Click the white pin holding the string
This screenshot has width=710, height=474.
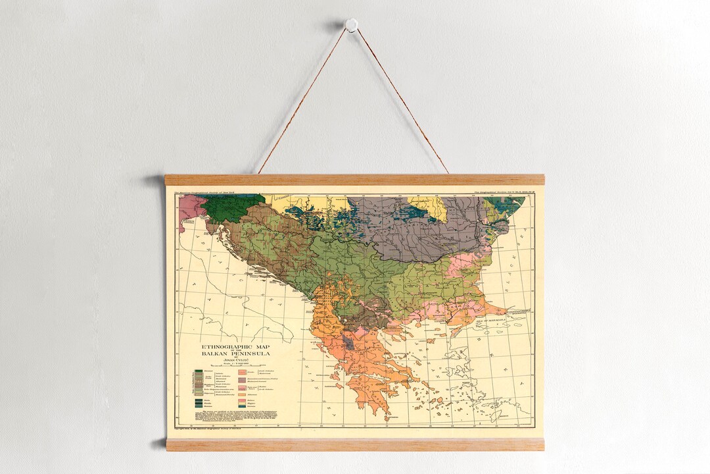[352, 25]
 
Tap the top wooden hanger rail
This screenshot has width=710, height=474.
[354, 180]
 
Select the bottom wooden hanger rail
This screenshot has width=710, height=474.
[354, 444]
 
